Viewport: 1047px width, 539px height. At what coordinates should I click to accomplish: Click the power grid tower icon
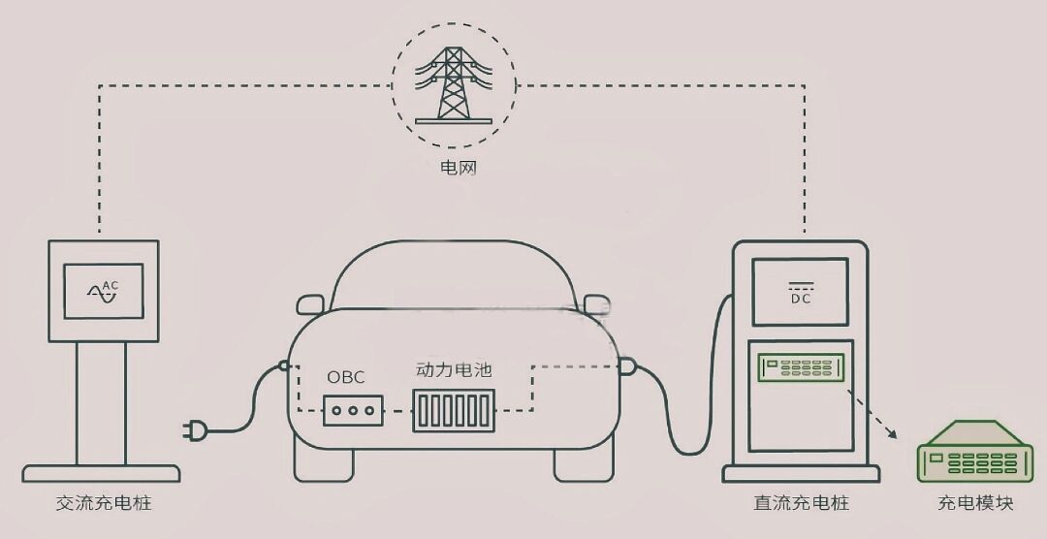pos(454,85)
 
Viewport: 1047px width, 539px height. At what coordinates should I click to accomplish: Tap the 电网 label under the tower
pos(458,167)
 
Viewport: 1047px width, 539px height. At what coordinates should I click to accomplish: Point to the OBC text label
pos(346,377)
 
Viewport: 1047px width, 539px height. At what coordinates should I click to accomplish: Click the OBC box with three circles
pos(353,411)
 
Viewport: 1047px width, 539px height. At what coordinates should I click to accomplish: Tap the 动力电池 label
pos(454,370)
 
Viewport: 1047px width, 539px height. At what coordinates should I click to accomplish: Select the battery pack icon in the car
pos(454,411)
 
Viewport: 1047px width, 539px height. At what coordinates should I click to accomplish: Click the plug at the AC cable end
pos(194,431)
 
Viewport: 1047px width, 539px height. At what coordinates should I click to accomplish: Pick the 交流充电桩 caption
pos(104,503)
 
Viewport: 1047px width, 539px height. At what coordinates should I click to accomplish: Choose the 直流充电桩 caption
pos(802,503)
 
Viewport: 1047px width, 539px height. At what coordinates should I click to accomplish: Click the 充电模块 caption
pos(975,503)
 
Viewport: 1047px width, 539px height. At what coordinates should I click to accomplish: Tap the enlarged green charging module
pos(975,452)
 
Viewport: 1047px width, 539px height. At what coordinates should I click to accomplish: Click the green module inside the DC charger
pos(802,367)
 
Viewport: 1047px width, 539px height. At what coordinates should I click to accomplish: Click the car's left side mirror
pos(310,304)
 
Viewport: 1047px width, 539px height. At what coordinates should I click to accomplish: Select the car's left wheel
pos(324,465)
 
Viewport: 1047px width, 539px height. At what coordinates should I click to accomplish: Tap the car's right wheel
pos(584,465)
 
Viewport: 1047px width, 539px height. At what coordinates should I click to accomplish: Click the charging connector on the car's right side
pos(626,366)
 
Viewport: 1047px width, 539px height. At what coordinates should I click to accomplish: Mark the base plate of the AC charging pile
pos(101,473)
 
